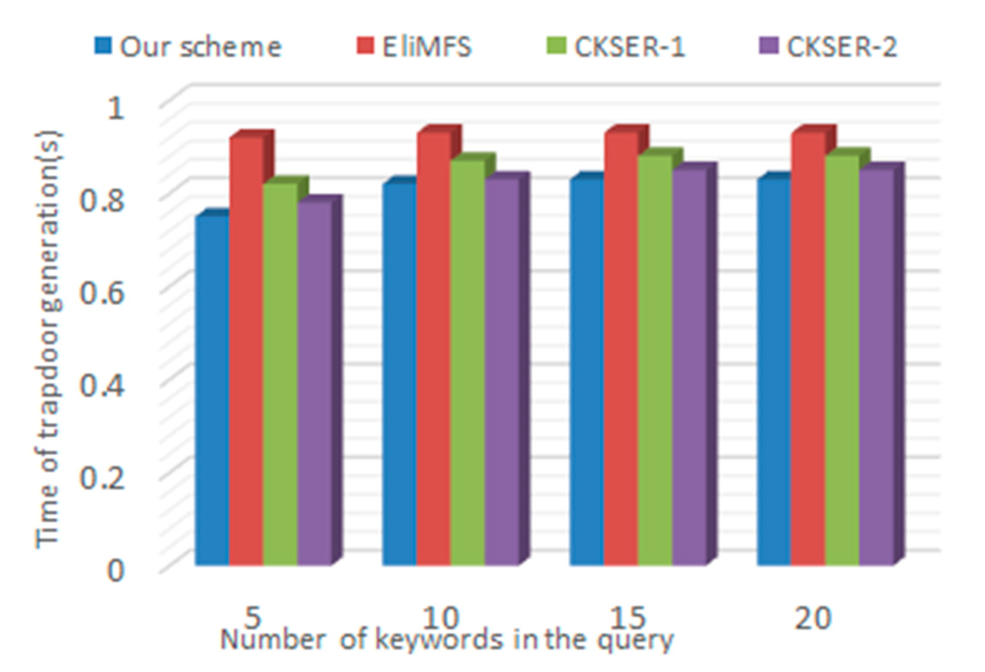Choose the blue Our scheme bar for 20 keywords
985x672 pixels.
pos(774,371)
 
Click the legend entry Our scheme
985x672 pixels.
pos(201,47)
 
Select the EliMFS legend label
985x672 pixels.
pos(426,47)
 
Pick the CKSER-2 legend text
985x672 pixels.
pos(842,47)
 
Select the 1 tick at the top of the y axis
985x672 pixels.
pos(115,107)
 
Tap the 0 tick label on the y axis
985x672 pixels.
pos(115,570)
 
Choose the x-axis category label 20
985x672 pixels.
pos(812,617)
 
